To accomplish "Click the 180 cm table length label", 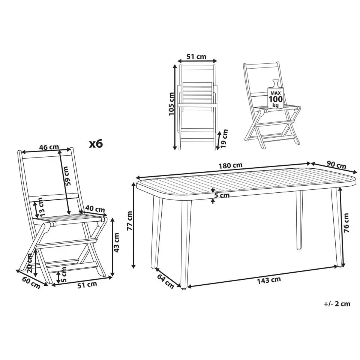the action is (230, 165).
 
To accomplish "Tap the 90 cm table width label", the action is (336, 165).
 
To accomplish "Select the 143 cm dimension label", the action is (269, 280).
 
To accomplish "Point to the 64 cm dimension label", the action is (165, 281).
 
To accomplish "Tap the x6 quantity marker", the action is (96, 144).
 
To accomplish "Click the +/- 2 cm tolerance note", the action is (337, 304).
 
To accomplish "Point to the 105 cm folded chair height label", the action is (171, 104).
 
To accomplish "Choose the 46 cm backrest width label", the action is (49, 147).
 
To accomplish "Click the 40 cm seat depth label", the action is (95, 209).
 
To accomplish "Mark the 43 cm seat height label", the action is (116, 243).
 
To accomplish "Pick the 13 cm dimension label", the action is (40, 207).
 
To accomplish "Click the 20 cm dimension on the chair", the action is (30, 263).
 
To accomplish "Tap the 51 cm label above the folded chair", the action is (196, 57).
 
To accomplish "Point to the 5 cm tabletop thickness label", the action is (222, 195).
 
